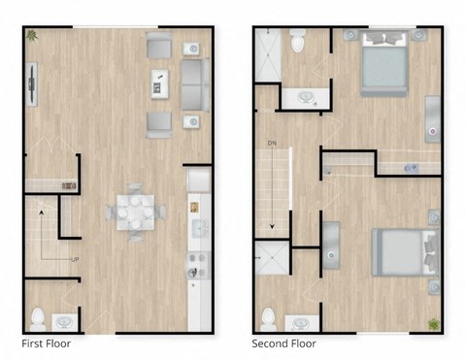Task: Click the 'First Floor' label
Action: (46, 344)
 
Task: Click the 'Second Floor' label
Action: (283, 344)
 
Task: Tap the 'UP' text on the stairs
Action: (74, 259)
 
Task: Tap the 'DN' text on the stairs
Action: (273, 145)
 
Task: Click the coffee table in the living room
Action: (158, 84)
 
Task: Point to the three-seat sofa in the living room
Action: (194, 84)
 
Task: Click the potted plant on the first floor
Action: (33, 37)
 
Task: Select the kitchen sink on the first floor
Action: (200, 229)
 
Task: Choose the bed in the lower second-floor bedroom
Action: (397, 251)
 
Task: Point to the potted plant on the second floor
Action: (434, 324)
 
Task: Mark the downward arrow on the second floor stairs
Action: (273, 225)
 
